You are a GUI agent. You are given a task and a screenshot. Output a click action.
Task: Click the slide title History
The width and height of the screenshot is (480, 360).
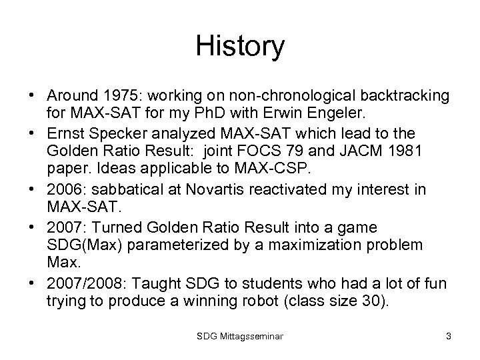(x=240, y=46)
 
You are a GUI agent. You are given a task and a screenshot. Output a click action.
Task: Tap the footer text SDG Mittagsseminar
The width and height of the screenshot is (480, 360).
(x=240, y=337)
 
